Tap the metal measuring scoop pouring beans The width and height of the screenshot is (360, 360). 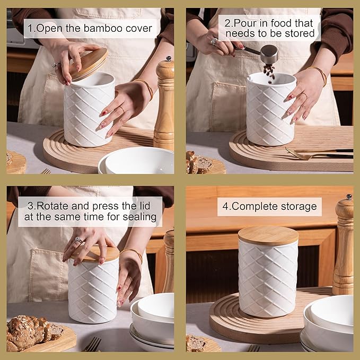coord(268,52)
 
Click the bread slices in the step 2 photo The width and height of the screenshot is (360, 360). coord(199,162)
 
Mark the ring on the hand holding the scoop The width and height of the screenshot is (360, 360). coord(214,41)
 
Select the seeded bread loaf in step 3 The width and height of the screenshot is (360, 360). coord(32,331)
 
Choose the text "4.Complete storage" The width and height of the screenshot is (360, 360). coord(269,206)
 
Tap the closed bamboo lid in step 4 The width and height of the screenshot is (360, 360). coord(268,235)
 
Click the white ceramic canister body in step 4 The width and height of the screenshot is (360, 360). coord(268,281)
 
